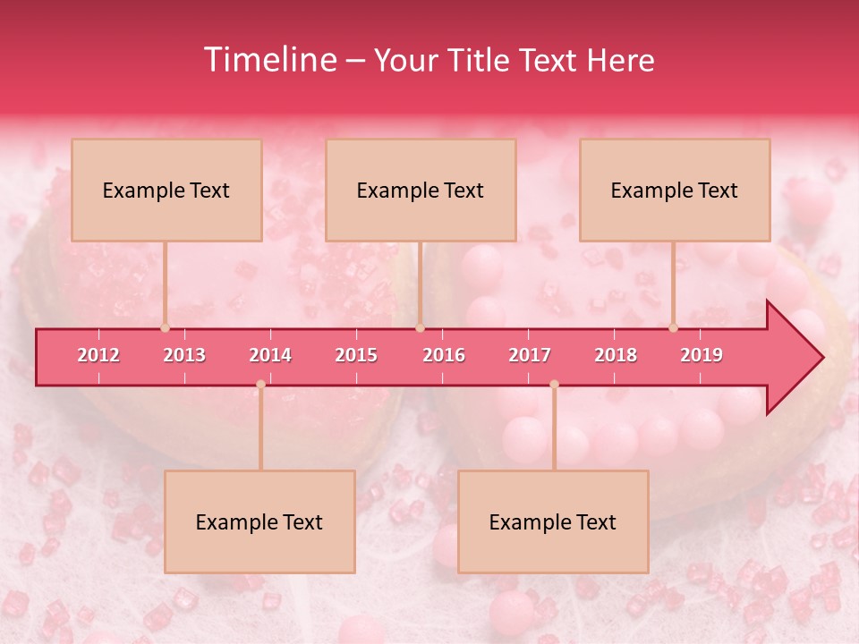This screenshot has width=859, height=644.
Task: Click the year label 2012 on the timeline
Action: (x=98, y=355)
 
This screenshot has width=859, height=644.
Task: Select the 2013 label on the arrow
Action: (x=184, y=355)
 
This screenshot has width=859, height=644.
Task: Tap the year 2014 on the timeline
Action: (x=270, y=355)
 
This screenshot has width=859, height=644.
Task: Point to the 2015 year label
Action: (x=356, y=355)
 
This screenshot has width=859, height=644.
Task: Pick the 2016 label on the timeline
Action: (x=444, y=355)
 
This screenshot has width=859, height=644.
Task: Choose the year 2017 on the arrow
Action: (x=530, y=355)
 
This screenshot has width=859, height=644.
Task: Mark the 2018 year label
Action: (x=616, y=355)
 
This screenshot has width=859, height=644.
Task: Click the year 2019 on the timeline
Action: (x=702, y=355)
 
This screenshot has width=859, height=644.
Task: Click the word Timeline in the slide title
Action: (x=268, y=60)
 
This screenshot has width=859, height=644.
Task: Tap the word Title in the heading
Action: (x=482, y=61)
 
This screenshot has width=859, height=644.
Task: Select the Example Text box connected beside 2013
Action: (x=166, y=190)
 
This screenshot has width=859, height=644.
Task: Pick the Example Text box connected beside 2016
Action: (x=421, y=190)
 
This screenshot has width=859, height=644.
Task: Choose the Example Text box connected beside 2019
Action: (x=675, y=190)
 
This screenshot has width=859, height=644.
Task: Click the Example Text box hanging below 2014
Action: (x=259, y=521)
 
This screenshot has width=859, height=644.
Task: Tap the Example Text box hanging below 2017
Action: (x=553, y=521)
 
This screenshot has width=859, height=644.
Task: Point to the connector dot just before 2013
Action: (x=165, y=328)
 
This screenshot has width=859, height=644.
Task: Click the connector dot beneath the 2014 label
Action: (x=260, y=385)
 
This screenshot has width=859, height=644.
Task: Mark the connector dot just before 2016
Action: (x=420, y=328)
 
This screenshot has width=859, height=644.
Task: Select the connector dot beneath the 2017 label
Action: (x=554, y=385)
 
